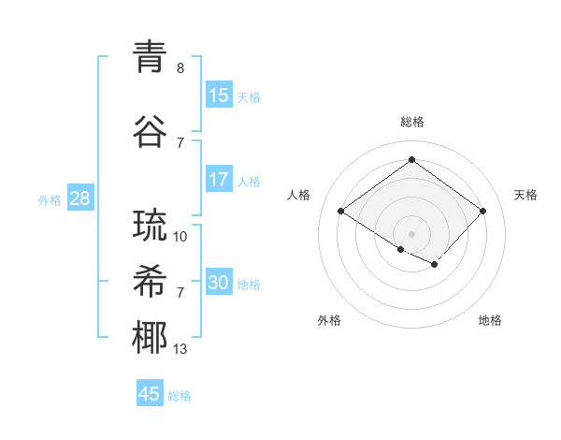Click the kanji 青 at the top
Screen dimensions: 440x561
150,57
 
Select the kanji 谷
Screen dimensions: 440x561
150,132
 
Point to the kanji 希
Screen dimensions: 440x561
150,282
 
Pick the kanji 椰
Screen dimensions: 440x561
150,338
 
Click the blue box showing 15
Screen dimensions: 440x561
219,95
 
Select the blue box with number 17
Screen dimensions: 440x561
219,180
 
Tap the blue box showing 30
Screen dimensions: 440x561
219,283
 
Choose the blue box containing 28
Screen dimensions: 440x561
79,198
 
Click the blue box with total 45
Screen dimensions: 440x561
150,394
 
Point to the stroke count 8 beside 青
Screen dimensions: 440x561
180,68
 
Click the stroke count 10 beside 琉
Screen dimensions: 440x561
180,237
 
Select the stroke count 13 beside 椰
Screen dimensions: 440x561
180,349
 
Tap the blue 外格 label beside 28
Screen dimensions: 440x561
50,199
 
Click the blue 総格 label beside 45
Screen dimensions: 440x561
180,395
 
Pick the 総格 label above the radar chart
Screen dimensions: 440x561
411,122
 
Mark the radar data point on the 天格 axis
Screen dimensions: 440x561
482,211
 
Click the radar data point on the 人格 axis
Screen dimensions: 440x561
340,211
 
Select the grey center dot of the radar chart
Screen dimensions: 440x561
411,233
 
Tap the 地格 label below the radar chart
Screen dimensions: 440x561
490,320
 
